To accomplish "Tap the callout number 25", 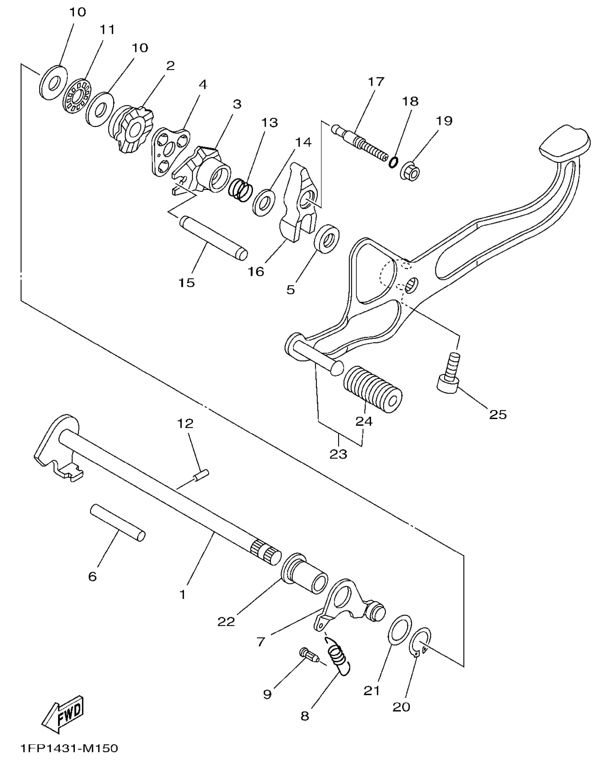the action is tap(497, 414).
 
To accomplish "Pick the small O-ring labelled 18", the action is tap(394, 162).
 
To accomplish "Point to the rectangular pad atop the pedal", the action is tap(564, 146).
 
